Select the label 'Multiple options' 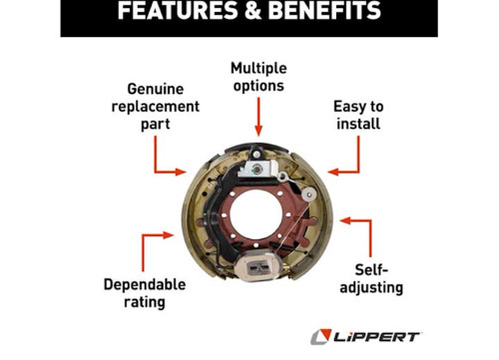(x=257, y=77)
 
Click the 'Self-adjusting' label (x=379, y=278)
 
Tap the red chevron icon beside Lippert (x=321, y=336)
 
